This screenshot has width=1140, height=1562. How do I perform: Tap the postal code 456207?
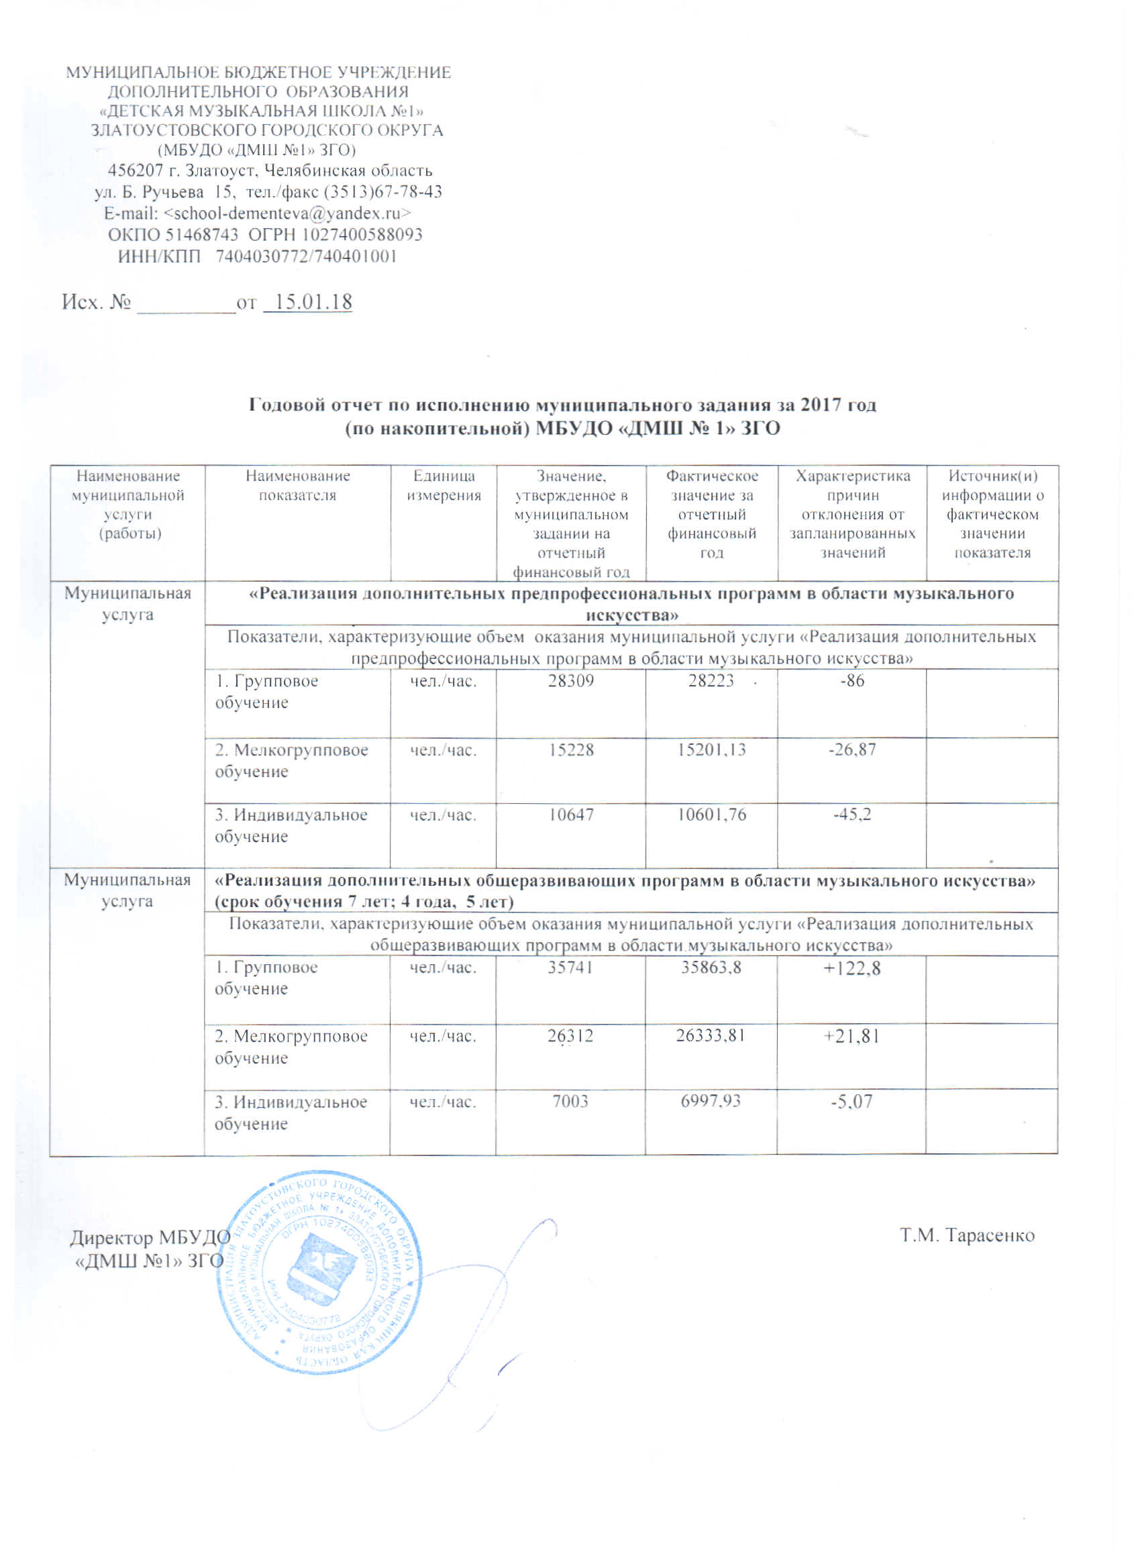[136, 170]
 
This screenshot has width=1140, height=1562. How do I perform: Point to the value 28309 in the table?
[571, 681]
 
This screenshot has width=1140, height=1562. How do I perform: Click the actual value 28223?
[711, 681]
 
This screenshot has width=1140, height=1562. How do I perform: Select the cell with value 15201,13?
[711, 750]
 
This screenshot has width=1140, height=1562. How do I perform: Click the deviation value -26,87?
[852, 750]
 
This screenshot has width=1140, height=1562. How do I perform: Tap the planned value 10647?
[571, 815]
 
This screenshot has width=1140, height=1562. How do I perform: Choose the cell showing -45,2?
[852, 815]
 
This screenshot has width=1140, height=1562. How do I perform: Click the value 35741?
[571, 968]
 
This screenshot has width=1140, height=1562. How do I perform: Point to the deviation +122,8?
[852, 968]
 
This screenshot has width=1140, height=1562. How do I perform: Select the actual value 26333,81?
[711, 1035]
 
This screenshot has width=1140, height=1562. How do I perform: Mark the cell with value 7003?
[571, 1101]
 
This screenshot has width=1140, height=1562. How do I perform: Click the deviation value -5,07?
[852, 1101]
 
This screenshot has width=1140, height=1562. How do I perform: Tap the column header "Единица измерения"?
[443, 486]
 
